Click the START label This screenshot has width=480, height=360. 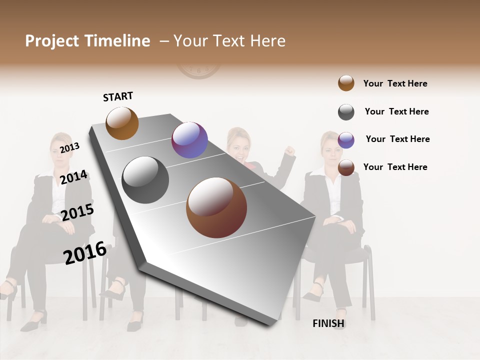tap(118, 96)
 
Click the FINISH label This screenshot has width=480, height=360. tap(328, 323)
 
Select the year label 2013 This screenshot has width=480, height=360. tap(69, 147)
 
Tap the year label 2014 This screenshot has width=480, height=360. tap(73, 177)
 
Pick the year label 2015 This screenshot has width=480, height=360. tap(77, 212)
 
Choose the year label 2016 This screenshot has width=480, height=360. tap(85, 253)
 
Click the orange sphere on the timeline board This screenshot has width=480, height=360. tap(122, 123)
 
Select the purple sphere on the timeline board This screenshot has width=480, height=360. tap(189, 140)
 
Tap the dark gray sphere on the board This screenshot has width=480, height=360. tap(145, 180)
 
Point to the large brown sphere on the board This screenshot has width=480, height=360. tap(216, 207)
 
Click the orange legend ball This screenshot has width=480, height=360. tap(346, 83)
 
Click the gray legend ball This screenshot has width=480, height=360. tap(346, 112)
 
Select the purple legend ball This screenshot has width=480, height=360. tap(346, 140)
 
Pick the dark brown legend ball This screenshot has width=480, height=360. tap(346, 168)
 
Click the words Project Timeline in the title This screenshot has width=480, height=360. tap(87, 41)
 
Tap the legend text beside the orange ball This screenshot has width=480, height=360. tap(395, 83)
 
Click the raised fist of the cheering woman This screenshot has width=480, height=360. tap(289, 150)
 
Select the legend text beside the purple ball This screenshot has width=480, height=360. tap(397, 139)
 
